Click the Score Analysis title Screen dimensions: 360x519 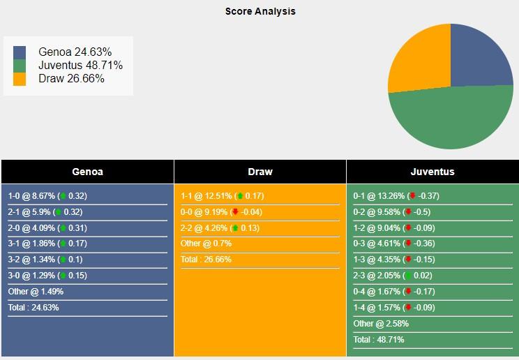click(x=259, y=11)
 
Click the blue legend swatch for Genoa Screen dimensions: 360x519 click(x=20, y=52)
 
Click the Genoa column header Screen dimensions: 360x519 click(x=87, y=172)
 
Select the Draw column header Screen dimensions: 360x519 click(x=260, y=172)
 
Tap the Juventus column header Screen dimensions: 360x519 click(x=433, y=172)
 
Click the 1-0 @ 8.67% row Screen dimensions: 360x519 click(x=47, y=196)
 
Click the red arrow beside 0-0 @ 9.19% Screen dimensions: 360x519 click(x=236, y=212)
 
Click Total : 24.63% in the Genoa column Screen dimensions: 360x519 click(x=33, y=307)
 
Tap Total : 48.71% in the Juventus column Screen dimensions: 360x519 click(x=379, y=340)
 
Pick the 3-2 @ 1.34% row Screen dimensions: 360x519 click(x=47, y=260)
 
